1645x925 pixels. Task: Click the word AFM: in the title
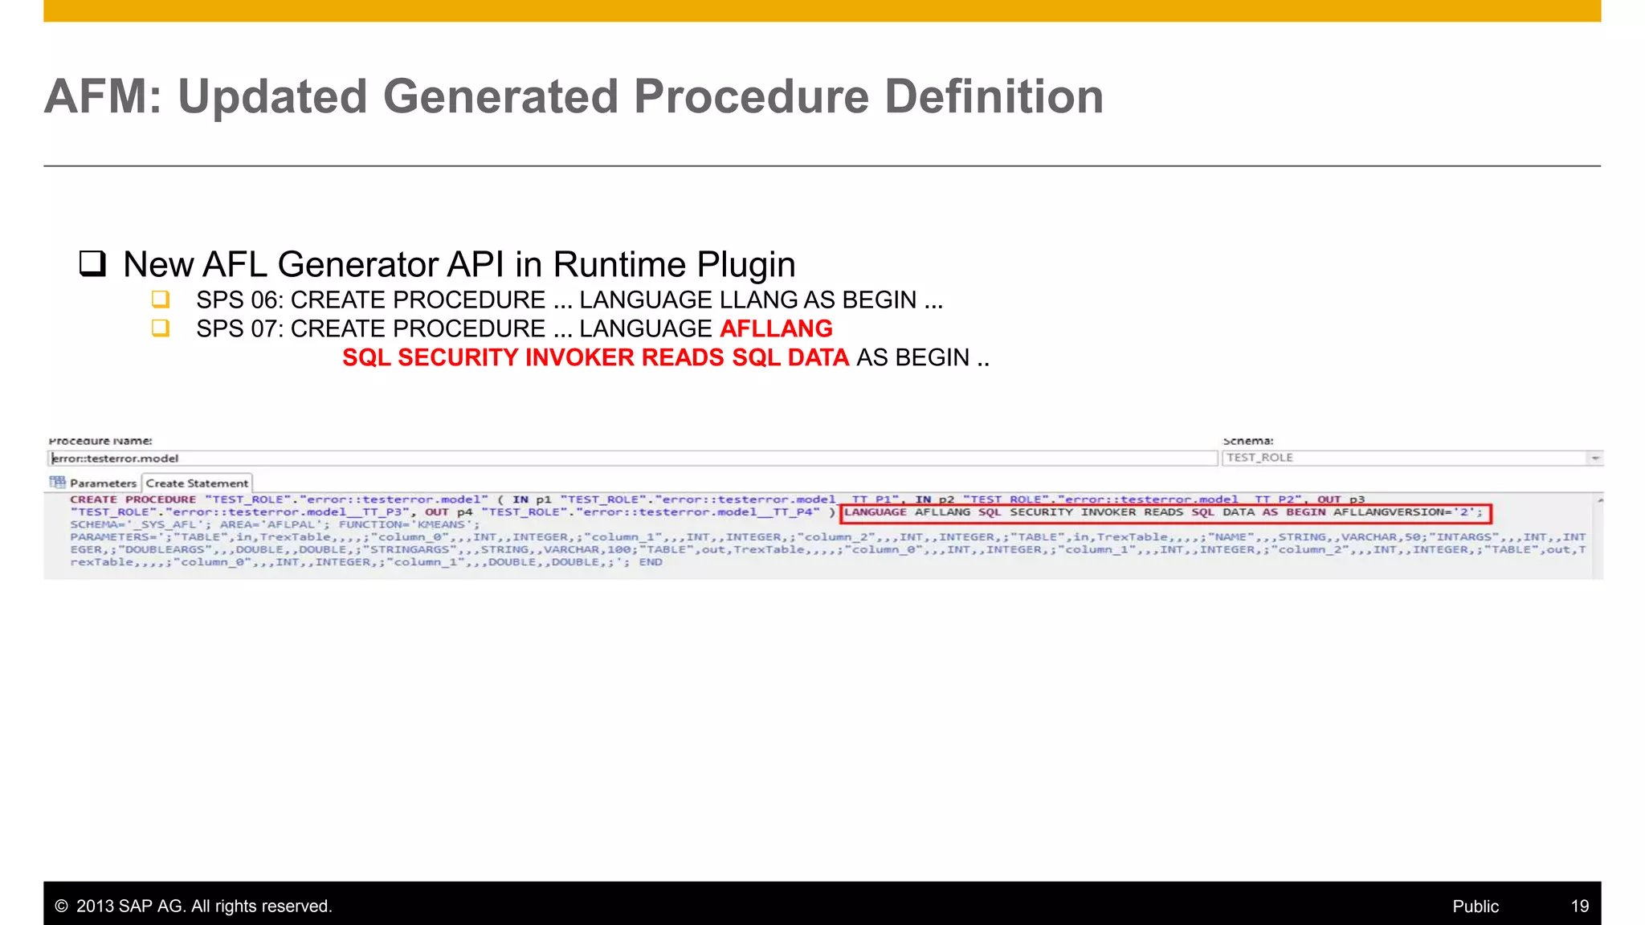click(103, 97)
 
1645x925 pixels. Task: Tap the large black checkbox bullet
click(92, 263)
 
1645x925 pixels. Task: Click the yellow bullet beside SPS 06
click(161, 300)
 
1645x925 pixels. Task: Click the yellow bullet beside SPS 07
click(161, 328)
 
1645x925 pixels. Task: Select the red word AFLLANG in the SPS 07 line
click(776, 328)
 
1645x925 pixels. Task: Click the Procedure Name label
click(100, 441)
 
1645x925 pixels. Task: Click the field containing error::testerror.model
click(632, 458)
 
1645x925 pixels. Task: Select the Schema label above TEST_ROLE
click(1247, 441)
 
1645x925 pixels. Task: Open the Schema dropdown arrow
click(1595, 458)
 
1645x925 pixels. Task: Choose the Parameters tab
click(103, 483)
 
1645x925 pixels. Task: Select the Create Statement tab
click(197, 483)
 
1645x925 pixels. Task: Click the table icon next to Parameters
click(57, 483)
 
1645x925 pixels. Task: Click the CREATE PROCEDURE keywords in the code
click(133, 499)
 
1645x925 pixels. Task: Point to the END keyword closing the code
click(651, 562)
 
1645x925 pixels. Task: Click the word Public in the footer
click(1476, 907)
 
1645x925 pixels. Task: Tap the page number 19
click(1580, 907)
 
